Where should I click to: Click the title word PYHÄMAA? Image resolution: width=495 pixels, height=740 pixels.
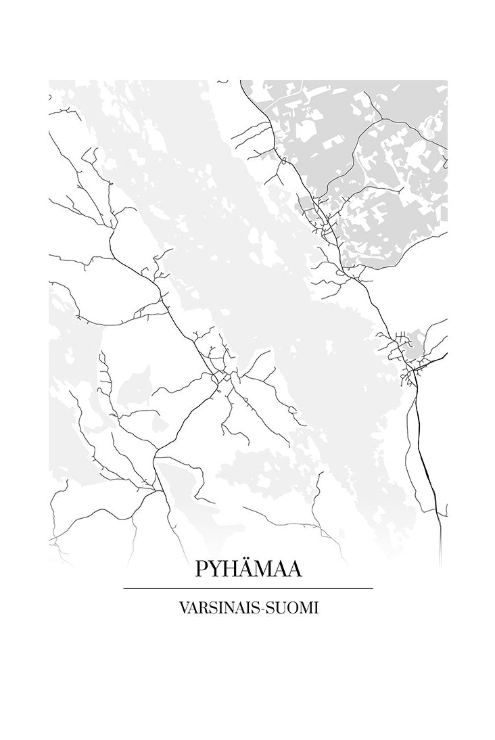pos(248,568)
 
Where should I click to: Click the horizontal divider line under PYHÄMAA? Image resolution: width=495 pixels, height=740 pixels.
pos(248,588)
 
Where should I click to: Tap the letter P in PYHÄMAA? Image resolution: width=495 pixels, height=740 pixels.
pos(202,569)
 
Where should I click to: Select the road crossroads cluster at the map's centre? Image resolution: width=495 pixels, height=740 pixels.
pos(220,375)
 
